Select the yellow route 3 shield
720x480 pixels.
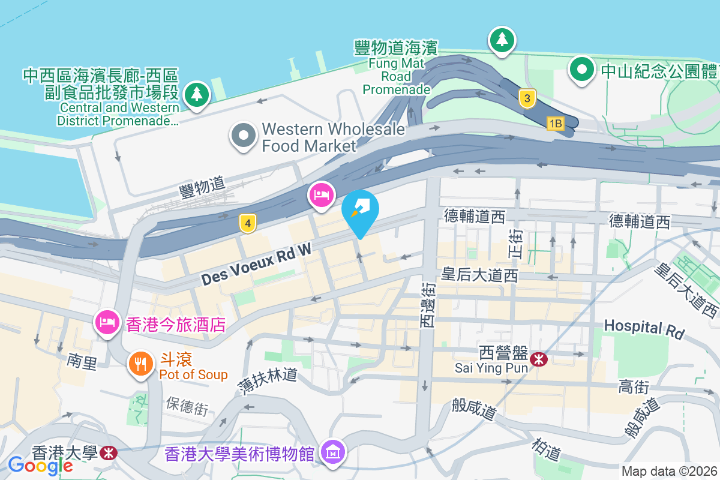(x=527, y=98)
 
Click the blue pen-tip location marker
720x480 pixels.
(x=360, y=211)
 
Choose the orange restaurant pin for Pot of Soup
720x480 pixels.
(x=141, y=364)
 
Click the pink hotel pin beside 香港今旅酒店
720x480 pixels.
(x=107, y=322)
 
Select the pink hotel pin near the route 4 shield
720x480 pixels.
(x=322, y=194)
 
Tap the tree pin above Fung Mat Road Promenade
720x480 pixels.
(x=502, y=40)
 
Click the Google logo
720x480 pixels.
(x=40, y=465)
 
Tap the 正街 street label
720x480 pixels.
(x=516, y=245)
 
